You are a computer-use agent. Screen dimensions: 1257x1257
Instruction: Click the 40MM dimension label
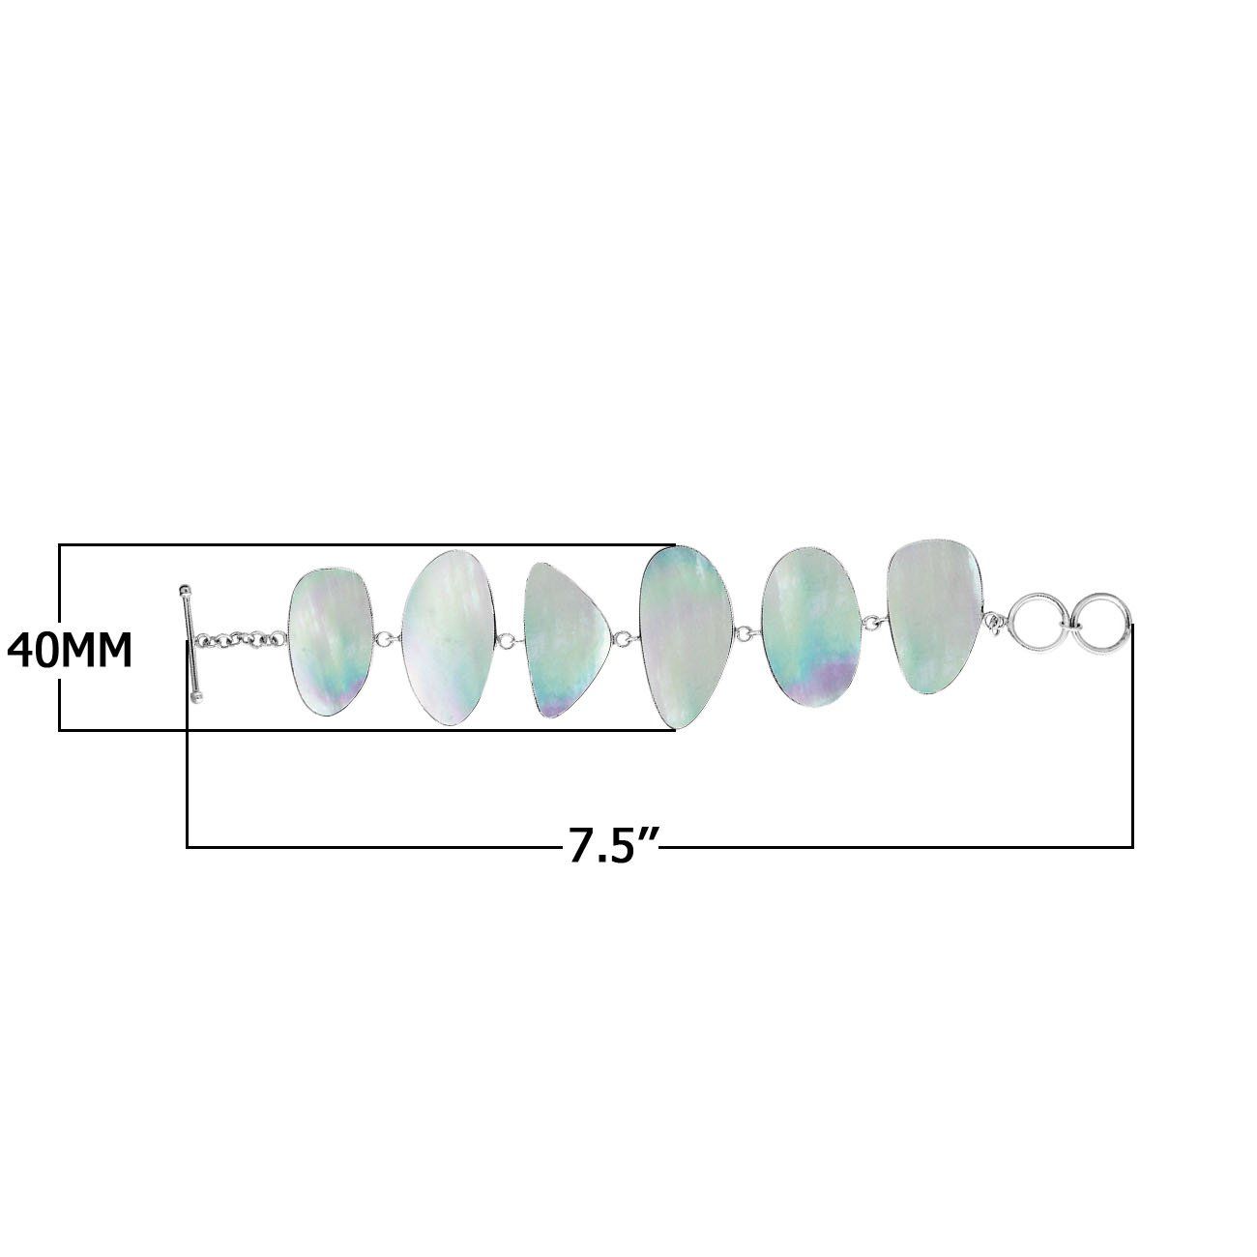pos(70,652)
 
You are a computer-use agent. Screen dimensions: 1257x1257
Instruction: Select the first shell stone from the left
pos(329,642)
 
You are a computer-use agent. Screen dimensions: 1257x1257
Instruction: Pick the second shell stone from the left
pos(447,637)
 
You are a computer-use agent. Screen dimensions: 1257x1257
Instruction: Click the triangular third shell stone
pos(566,638)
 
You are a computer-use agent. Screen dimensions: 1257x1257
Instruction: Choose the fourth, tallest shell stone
pos(688,635)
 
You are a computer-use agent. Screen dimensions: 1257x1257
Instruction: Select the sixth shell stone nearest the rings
pos(934,619)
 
